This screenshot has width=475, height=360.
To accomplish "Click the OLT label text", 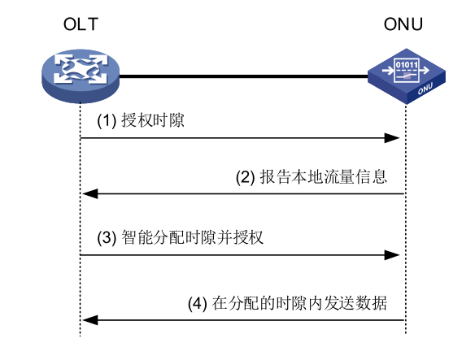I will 81,24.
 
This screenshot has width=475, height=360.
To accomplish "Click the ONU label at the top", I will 403,24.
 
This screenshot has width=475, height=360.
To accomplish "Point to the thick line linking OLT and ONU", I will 244,76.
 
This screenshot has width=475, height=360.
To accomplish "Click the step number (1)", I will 108,121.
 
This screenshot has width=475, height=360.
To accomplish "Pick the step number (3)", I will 109,239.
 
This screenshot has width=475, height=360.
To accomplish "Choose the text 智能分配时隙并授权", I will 194,239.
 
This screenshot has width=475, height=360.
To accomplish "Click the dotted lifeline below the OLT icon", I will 81,219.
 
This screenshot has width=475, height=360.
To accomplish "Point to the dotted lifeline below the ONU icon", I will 404,219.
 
